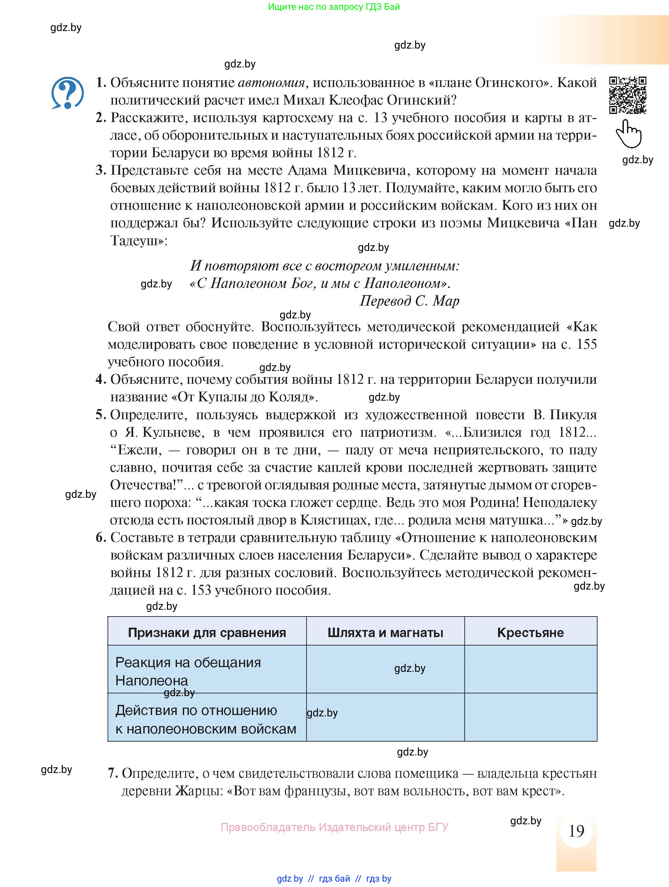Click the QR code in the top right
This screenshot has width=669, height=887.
(x=628, y=95)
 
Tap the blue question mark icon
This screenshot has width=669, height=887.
(x=67, y=93)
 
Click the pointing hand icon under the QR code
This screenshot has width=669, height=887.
(x=629, y=134)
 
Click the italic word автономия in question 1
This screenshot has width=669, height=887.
(x=271, y=83)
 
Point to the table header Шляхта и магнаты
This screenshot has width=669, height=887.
(x=385, y=633)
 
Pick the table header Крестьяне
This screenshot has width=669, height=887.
(x=530, y=633)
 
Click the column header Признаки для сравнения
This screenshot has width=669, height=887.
(x=207, y=633)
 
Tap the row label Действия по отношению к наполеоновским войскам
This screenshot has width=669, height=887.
(x=206, y=719)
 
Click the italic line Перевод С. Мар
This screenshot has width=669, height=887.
(x=409, y=301)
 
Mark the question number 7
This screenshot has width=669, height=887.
(x=113, y=773)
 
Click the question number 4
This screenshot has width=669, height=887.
(x=100, y=379)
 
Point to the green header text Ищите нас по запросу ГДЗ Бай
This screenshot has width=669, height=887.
(x=334, y=7)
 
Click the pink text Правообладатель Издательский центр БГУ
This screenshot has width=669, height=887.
(x=334, y=827)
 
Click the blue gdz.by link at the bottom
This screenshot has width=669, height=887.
(x=290, y=879)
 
